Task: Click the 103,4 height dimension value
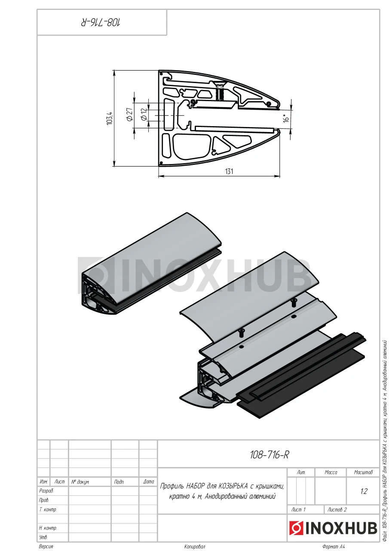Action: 110,118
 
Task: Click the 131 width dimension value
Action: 229,171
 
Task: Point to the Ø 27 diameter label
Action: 130,115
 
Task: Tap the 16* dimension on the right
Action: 286,118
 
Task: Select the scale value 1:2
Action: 364,491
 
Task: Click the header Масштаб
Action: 363,472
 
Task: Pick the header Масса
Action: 331,472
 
